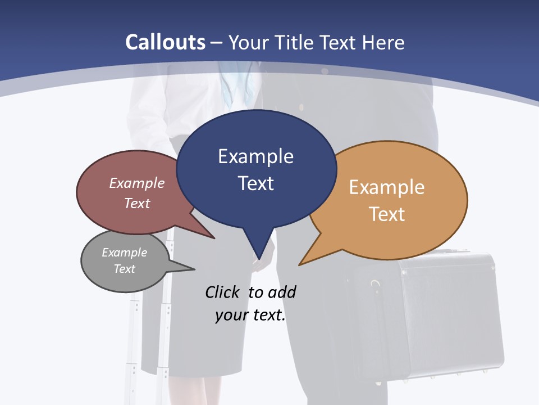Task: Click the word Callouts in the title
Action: click(x=165, y=42)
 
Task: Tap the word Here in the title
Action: click(x=383, y=42)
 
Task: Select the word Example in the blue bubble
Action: click(x=255, y=156)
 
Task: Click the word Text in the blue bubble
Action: click(x=255, y=183)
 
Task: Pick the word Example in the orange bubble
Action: click(x=387, y=187)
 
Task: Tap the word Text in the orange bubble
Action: click(x=387, y=214)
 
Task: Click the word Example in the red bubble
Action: click(x=137, y=183)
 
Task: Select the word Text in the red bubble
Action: click(x=137, y=203)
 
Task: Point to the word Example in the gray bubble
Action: click(x=124, y=253)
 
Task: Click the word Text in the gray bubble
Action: click(x=124, y=269)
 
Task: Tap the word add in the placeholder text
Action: click(x=282, y=292)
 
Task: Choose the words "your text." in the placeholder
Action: click(x=250, y=315)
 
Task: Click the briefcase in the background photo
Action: click(x=427, y=315)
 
